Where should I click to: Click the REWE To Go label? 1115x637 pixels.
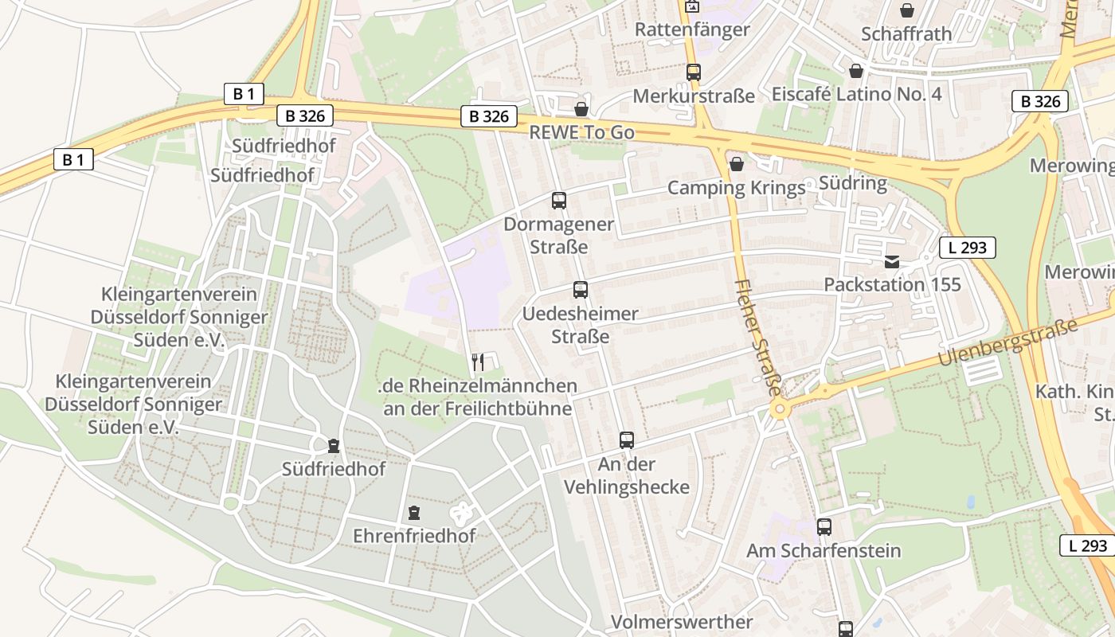(581, 132)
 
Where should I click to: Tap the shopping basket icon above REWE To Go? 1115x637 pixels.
(581, 109)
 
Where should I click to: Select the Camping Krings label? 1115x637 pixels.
(736, 188)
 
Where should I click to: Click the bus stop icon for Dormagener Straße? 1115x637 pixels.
(558, 201)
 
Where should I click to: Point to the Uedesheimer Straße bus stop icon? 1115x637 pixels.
(580, 290)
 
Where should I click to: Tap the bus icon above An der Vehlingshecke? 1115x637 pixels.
(626, 440)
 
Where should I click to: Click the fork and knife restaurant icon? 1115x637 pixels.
(478, 362)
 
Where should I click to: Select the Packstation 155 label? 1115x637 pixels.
(892, 284)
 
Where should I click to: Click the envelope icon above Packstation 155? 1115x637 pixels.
(891, 262)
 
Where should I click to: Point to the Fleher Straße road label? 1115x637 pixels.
(757, 338)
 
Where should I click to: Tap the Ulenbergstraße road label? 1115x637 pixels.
(1007, 342)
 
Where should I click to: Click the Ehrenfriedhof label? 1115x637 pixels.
(414, 536)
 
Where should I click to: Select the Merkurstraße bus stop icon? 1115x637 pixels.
(693, 72)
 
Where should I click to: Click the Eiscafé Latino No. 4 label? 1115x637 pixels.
(856, 94)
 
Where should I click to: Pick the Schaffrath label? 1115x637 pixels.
(906, 33)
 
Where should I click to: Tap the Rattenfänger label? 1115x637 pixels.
(692, 29)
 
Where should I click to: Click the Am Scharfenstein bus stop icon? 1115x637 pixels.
(824, 527)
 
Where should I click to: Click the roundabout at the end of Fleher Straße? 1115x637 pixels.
(779, 409)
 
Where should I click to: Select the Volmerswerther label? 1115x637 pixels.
(682, 622)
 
